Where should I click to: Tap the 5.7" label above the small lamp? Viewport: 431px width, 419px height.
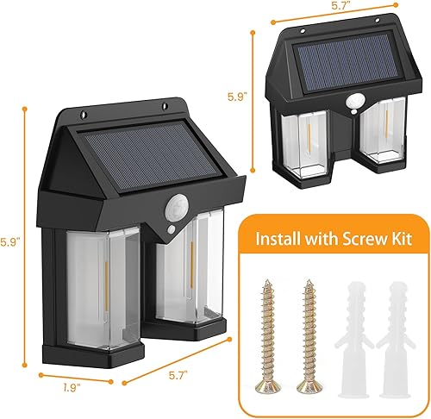[342, 7]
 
